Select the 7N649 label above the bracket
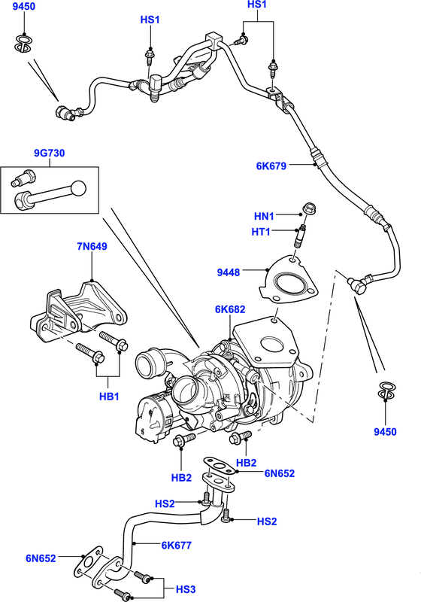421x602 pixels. (x=91, y=246)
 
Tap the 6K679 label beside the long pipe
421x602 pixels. (x=271, y=166)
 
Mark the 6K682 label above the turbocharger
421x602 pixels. (x=229, y=309)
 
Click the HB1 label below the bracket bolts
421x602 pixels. (x=109, y=396)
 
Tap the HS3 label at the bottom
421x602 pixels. (x=185, y=589)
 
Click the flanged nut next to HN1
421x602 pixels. (x=307, y=210)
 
